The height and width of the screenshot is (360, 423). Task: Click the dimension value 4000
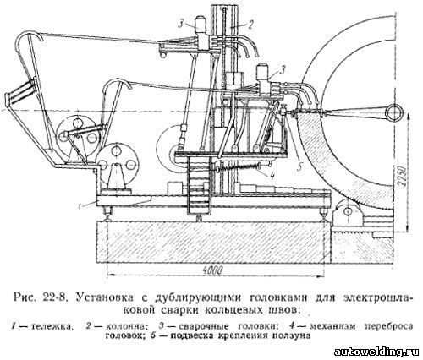pos(213,270)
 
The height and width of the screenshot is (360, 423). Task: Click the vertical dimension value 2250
pos(403,177)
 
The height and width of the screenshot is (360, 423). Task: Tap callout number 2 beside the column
pos(250,24)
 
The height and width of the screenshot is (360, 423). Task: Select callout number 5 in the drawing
pos(299,166)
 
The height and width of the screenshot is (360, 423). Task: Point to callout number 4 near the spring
pos(272,176)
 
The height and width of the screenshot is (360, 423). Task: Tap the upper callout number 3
pos(181,24)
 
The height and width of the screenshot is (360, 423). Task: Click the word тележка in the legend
pos(52,326)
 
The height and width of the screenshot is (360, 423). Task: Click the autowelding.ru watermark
pos(377,352)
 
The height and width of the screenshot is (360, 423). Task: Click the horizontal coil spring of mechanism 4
pos(239,168)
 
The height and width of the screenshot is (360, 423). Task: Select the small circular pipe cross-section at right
pos(394,113)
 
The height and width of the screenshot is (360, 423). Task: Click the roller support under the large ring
pos(346,211)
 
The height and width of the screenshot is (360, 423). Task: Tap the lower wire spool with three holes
pos(118,160)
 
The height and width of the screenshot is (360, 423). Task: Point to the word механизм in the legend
pos(332,326)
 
